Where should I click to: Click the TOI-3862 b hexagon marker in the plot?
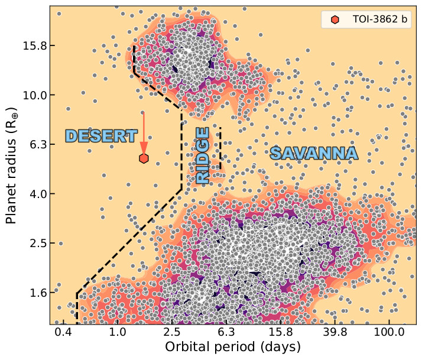tap(144, 158)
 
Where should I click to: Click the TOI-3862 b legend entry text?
tap(379, 20)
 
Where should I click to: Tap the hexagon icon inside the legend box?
tap(335, 20)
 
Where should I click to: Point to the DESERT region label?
tap(101, 136)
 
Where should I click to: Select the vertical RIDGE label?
tap(203, 155)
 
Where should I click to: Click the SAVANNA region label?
tap(314, 154)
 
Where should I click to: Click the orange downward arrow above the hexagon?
tap(144, 133)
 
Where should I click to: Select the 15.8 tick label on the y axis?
tap(28, 46)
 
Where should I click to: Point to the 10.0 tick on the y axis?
tap(28, 95)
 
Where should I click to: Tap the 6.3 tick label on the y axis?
tap(30, 144)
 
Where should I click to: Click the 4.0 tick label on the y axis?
tap(30, 194)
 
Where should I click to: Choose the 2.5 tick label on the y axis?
tap(30, 243)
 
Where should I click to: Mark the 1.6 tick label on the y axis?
tap(30, 293)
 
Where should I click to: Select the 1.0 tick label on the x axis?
tap(117, 333)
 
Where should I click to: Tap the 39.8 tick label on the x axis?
tap(335, 333)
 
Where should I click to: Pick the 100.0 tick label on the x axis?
tap(389, 333)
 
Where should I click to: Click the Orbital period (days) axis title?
tap(233, 347)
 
